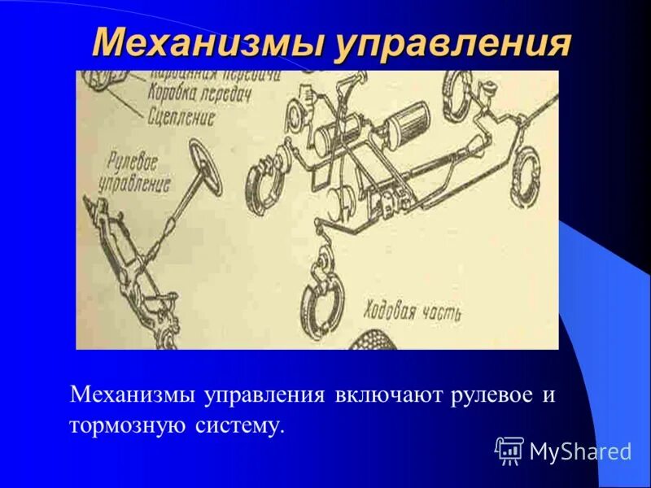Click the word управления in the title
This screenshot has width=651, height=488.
coord(449,43)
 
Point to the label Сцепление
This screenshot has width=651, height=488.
coord(181,117)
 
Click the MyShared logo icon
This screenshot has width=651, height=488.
coord(509,450)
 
